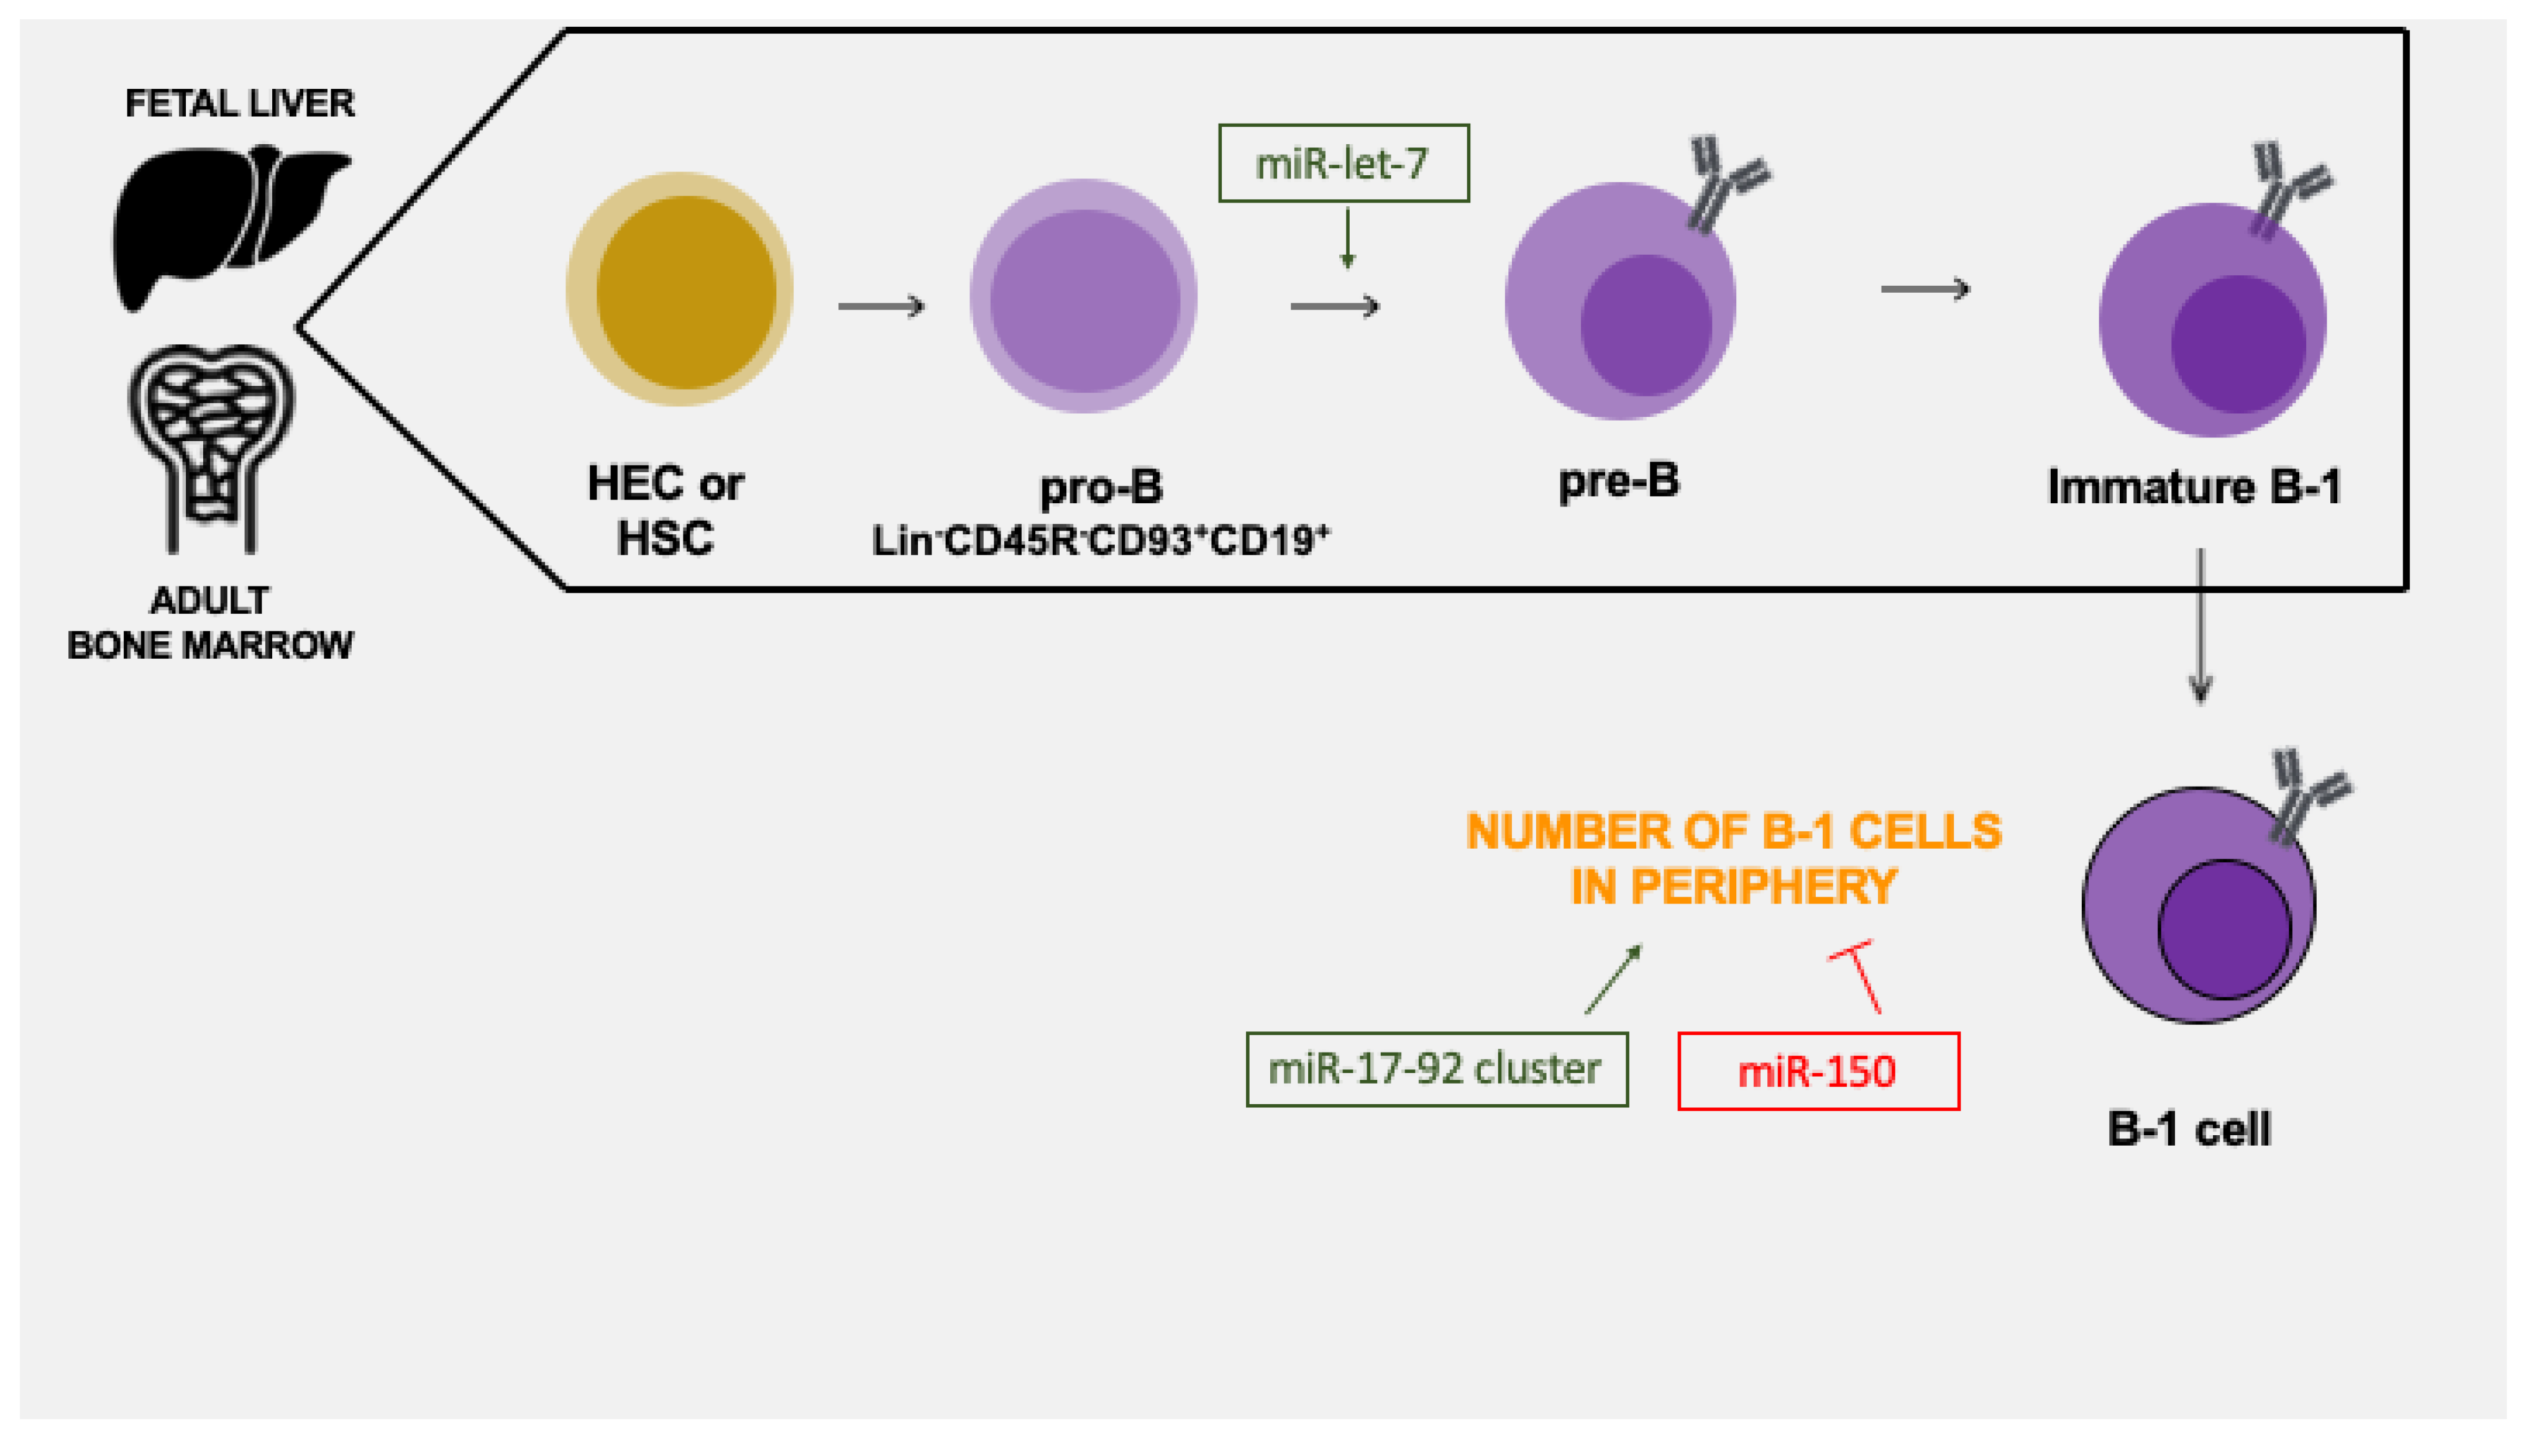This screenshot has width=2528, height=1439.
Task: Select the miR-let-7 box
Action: coord(1343,163)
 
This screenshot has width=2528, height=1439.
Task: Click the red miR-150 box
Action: coord(1818,1071)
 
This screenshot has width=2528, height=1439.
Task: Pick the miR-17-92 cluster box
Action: coord(1436,1069)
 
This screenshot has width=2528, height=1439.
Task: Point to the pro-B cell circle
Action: coord(1083,296)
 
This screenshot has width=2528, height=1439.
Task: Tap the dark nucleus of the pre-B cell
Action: coord(1646,325)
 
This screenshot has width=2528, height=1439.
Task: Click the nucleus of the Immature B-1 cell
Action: coord(2237,344)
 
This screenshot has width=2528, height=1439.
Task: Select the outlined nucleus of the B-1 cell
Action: coord(2223,929)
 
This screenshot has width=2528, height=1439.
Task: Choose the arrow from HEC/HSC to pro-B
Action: coord(881,306)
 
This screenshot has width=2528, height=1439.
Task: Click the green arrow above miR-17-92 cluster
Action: coord(1613,979)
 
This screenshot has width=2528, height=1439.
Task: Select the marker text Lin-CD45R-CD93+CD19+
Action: coord(1100,541)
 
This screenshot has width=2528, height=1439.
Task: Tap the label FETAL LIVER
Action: coord(239,103)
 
